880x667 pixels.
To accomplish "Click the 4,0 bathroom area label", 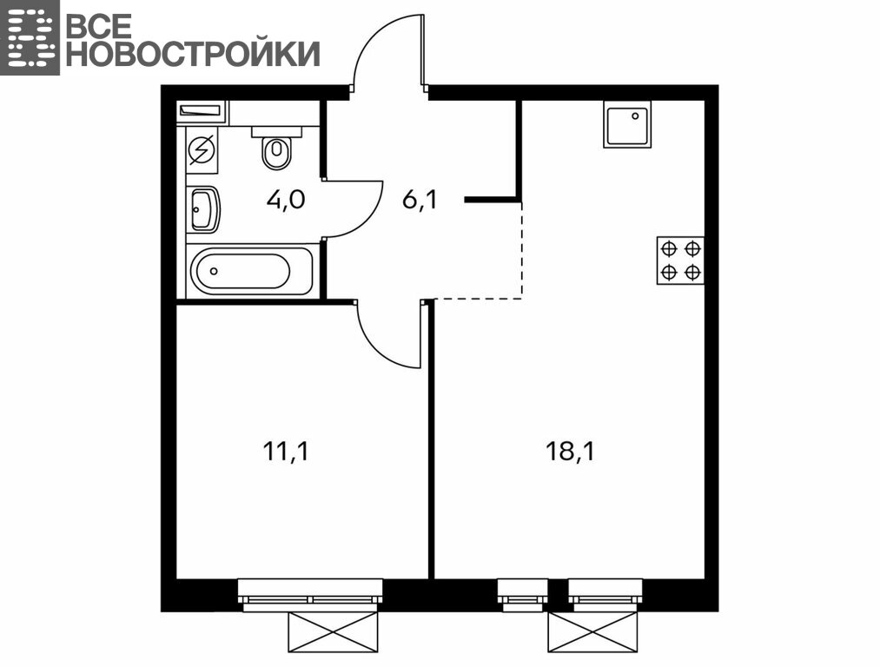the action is pyautogui.click(x=286, y=200).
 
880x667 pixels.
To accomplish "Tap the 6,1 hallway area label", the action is pyautogui.click(x=420, y=200).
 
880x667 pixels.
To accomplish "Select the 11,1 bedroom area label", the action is pyautogui.click(x=285, y=451).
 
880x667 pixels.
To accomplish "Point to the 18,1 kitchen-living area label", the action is pyautogui.click(x=570, y=451).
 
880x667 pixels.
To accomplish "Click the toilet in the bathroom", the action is pyautogui.click(x=276, y=148).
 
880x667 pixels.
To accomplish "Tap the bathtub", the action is pyautogui.click(x=251, y=271).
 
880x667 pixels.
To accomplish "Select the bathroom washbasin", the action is pyautogui.click(x=204, y=209).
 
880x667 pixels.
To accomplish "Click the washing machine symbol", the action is pyautogui.click(x=202, y=150).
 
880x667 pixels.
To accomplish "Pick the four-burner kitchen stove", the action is pyautogui.click(x=680, y=261).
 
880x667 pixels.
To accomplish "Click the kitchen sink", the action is pyautogui.click(x=627, y=124).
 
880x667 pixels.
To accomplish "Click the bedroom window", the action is pyautogui.click(x=310, y=596).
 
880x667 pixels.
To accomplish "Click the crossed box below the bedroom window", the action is pyautogui.click(x=333, y=632).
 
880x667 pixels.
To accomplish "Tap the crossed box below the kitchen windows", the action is pyautogui.click(x=593, y=632).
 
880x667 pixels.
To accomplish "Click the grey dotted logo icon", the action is pyautogui.click(x=30, y=37).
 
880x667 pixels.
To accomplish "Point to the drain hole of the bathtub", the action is pyautogui.click(x=214, y=271).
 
